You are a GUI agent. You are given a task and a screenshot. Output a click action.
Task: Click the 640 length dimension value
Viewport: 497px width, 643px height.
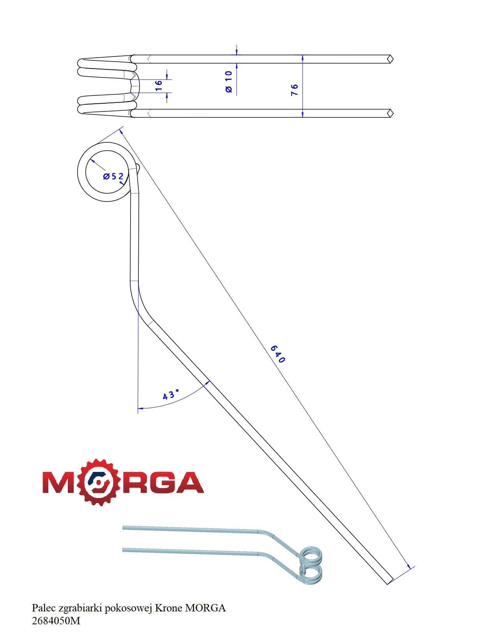pos(278,354)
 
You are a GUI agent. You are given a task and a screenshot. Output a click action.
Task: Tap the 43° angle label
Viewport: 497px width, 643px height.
pos(171,394)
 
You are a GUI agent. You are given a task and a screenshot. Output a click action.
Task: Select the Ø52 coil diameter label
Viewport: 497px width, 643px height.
pos(113,177)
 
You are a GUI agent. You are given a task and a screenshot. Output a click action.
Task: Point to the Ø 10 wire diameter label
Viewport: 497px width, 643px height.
pos(229,82)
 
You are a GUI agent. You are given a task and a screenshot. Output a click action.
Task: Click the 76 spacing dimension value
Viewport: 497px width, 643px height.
pos(294,90)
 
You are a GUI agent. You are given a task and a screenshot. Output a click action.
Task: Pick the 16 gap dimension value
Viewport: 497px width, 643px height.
pos(159,85)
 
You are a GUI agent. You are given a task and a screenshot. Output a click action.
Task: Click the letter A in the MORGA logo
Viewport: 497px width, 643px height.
pos(188,482)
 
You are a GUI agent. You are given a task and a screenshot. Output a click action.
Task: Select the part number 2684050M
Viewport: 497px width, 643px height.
pos(56,620)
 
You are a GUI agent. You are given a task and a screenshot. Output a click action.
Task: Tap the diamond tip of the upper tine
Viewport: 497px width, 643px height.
pos(391,59)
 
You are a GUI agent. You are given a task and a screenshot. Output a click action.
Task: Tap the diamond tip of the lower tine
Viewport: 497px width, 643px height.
pos(391,113)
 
